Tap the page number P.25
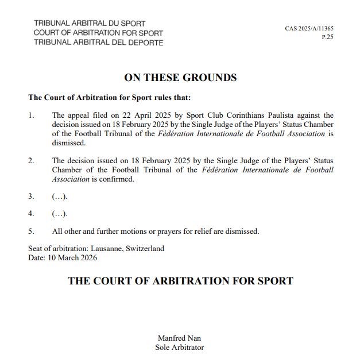(x=327, y=36)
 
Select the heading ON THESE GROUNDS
(x=180, y=78)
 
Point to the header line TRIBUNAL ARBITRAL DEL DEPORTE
(x=98, y=43)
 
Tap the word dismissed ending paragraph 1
(x=68, y=143)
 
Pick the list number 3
(x=31, y=197)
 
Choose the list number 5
(x=31, y=232)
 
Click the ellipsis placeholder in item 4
(x=60, y=214)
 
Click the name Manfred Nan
(x=180, y=338)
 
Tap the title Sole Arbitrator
(x=180, y=347)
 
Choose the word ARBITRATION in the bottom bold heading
(x=179, y=281)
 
